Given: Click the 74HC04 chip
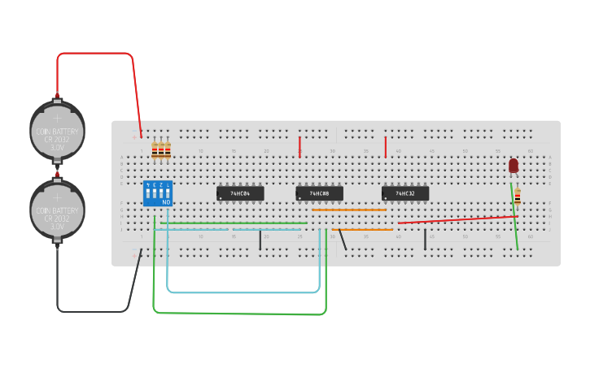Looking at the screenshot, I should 240,193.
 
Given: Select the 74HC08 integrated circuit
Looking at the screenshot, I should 319,193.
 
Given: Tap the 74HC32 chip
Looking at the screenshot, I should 405,193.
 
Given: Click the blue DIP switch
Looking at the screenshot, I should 157,192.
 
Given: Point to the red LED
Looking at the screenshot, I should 514,166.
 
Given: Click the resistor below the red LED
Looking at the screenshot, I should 517,196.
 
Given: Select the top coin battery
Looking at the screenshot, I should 57,130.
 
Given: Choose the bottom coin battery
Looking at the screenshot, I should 57,210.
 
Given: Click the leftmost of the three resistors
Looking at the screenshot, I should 155,149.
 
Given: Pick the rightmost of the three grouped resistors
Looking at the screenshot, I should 168,149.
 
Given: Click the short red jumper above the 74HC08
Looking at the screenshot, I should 299,147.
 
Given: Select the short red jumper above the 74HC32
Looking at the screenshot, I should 386,147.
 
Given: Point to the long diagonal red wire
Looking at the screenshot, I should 456,219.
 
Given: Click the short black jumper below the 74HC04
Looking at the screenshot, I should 260,240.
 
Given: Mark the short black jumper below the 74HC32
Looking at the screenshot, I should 425,240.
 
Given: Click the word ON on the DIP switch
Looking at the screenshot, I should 166,201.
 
